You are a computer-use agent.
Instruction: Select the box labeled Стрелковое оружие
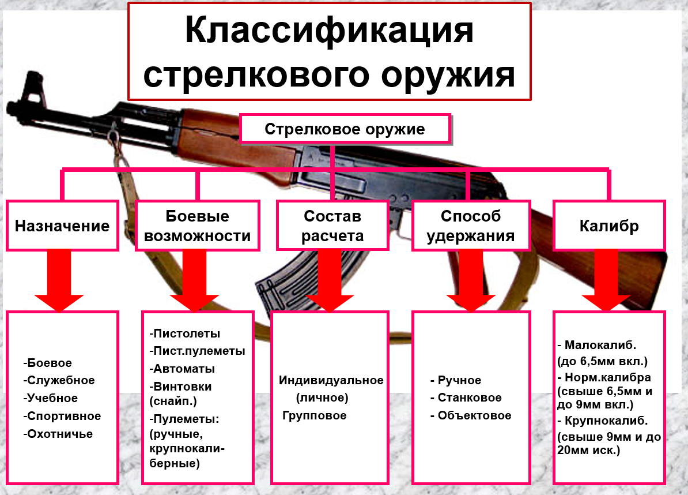[x=345, y=129]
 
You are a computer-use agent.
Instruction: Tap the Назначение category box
[x=62, y=226]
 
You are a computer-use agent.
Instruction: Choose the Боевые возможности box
[x=197, y=226]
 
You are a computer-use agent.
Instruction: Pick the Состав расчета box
[x=332, y=226]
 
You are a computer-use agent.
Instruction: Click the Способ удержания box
[x=471, y=226]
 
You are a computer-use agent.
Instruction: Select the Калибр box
[x=609, y=226]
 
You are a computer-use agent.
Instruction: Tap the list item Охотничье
[x=59, y=434]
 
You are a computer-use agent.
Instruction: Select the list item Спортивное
[x=63, y=416]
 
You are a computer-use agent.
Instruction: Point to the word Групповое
[x=315, y=415]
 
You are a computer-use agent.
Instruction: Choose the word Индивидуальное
[x=331, y=380]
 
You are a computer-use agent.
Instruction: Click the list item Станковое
[x=468, y=397]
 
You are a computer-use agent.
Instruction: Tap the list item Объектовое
[x=473, y=415]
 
